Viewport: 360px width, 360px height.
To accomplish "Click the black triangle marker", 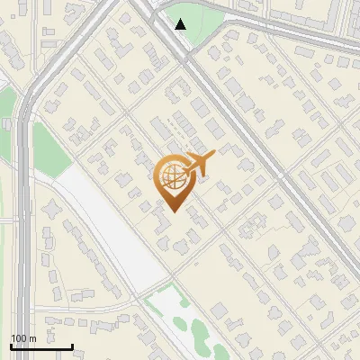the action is tap(181, 24).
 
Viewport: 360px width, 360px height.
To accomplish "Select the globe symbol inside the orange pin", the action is tap(171, 177).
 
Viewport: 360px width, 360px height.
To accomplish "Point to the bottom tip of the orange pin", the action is tap(171, 211).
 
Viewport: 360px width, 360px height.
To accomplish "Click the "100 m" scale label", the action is tap(24, 337).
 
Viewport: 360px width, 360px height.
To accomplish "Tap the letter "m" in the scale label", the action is tap(32, 337).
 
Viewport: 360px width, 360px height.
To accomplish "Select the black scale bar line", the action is tap(41, 346).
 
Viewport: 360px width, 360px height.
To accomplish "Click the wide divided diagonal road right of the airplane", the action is tap(261, 153).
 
